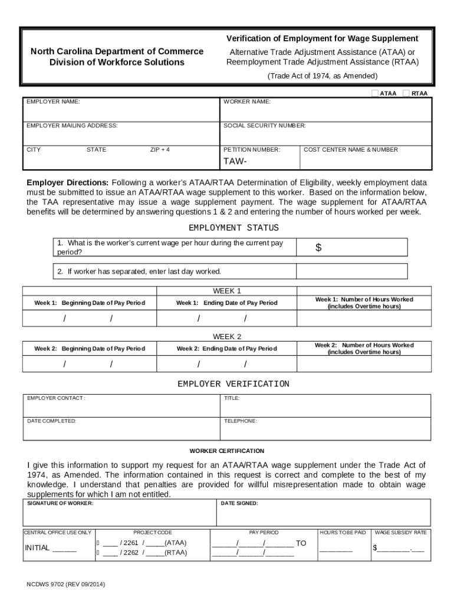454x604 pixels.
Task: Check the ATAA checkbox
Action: (374, 93)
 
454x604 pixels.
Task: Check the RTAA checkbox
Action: (406, 93)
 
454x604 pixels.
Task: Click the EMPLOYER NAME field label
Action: (53, 102)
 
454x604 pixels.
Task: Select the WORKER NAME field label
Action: (247, 102)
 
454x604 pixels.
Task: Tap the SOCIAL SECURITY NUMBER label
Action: (264, 126)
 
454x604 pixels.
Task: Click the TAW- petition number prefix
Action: (235, 162)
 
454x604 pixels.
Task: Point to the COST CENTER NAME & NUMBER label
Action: (350, 150)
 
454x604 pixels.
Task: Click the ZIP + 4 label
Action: (160, 150)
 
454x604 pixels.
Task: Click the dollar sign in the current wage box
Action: (318, 248)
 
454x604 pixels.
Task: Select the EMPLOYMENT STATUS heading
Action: (233, 228)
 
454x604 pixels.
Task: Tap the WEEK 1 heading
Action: (227, 291)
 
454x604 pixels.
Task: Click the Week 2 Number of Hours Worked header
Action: (364, 349)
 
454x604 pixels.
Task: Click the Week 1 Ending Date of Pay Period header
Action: (226, 303)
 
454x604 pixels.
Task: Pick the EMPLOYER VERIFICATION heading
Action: (233, 384)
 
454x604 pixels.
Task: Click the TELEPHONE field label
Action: (241, 421)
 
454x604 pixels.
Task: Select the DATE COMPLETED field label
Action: (51, 421)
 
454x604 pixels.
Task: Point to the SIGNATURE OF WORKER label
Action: (60, 504)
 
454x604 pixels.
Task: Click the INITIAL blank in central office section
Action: (64, 548)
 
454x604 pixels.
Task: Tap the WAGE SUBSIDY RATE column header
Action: (400, 533)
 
